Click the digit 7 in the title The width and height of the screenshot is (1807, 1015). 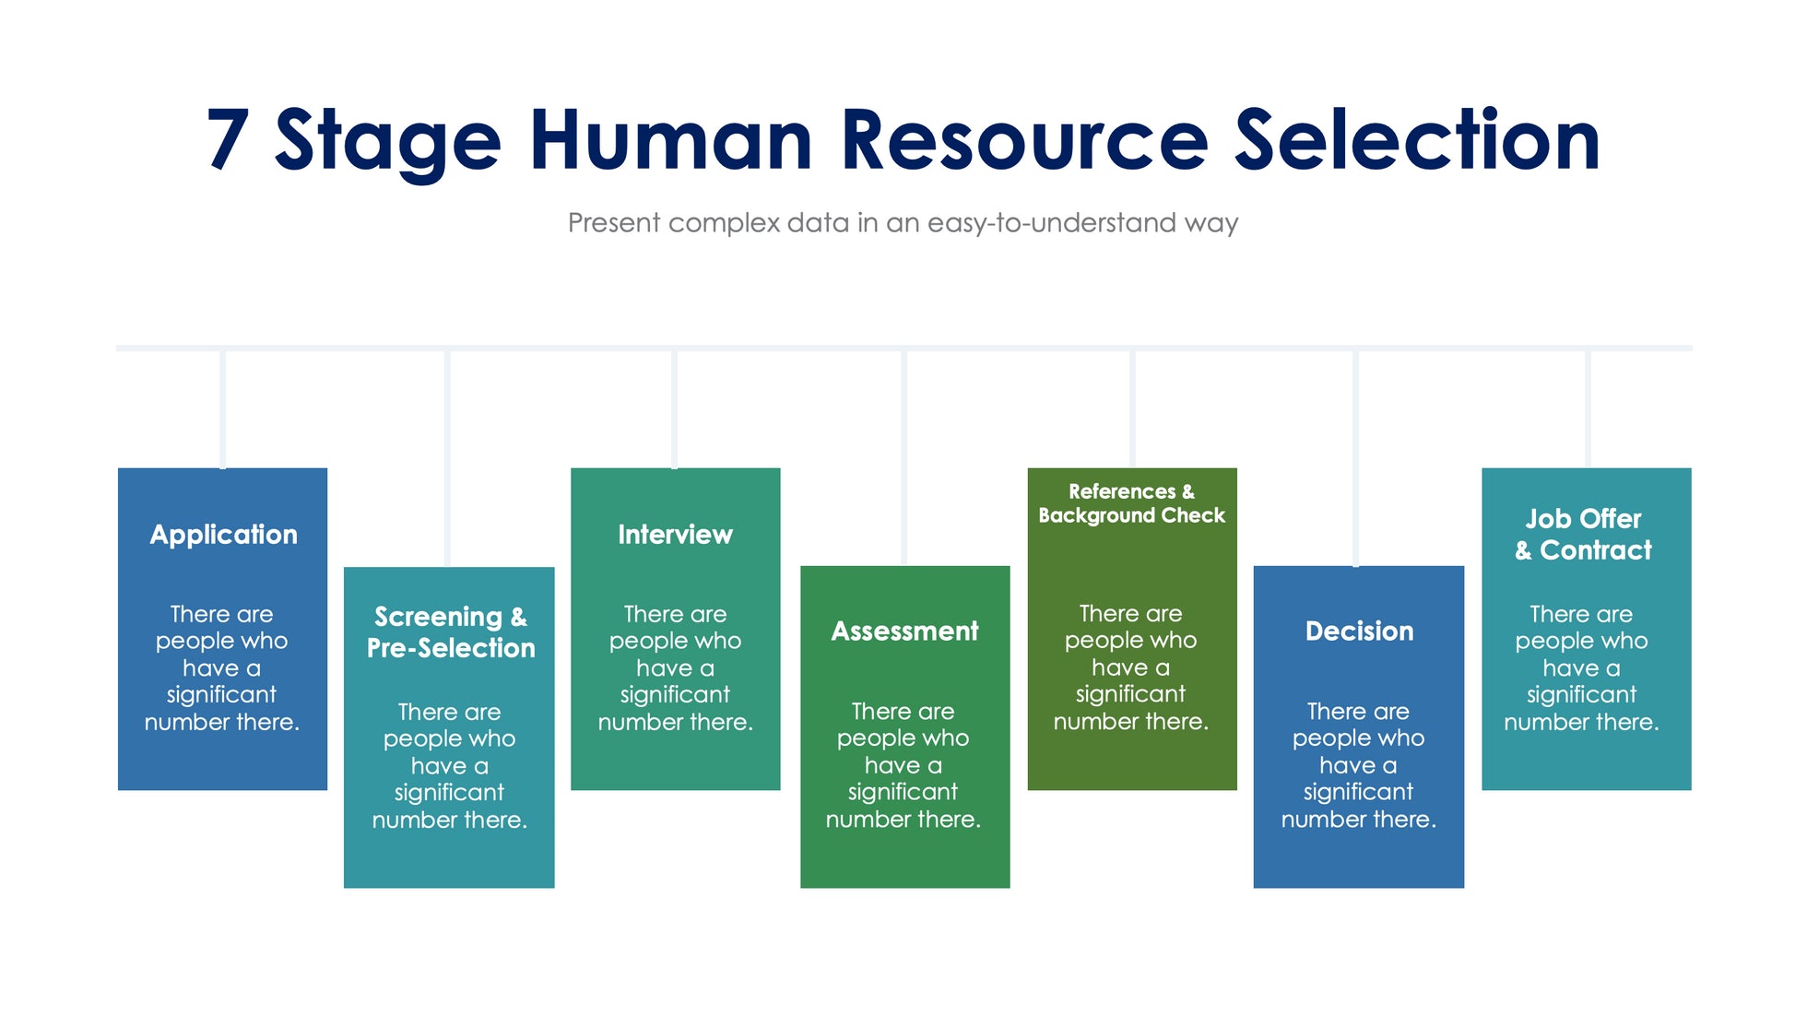tap(228, 140)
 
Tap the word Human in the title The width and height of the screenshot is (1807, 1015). tap(670, 140)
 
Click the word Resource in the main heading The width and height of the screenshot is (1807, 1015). tap(1023, 140)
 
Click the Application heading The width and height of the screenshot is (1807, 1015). tap(223, 535)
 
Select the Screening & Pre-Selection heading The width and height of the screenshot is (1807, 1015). tap(450, 632)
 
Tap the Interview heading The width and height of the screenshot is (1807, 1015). tap(675, 535)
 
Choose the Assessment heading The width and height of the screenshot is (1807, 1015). tap(904, 631)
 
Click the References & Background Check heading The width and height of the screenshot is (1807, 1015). tap(1131, 503)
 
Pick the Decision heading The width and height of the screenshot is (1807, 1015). tap(1359, 631)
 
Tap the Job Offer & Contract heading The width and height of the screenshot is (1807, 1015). tap(1583, 535)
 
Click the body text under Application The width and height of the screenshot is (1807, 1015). tap(222, 668)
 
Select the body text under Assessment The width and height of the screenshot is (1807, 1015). tap(903, 765)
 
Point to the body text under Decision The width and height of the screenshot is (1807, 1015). tap(1358, 765)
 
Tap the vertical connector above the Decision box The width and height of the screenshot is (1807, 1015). tap(1355, 457)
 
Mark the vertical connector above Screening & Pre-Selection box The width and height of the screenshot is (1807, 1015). tap(447, 457)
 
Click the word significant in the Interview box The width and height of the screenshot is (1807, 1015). tap(675, 695)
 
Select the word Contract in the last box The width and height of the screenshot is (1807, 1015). tap(1596, 550)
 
